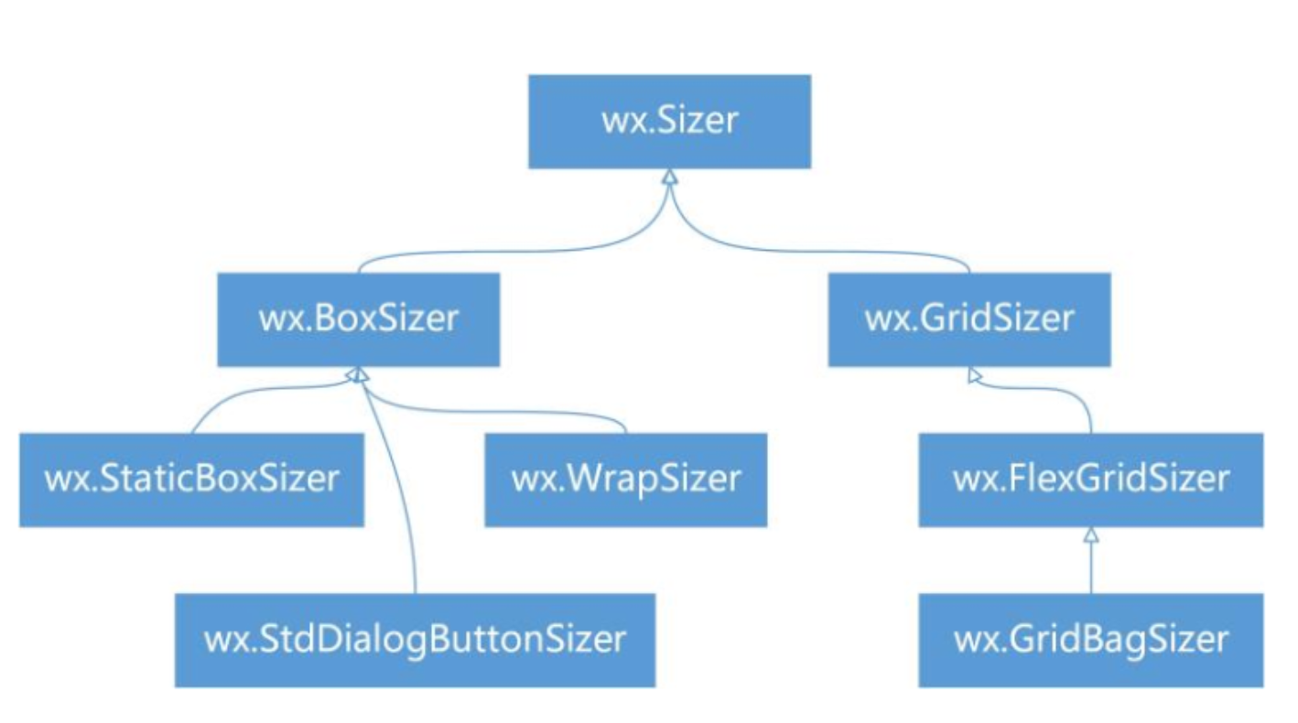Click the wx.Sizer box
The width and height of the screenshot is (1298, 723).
[x=669, y=122]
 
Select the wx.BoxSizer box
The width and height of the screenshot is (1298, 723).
[x=359, y=319]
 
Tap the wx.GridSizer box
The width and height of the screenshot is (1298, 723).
[x=969, y=319]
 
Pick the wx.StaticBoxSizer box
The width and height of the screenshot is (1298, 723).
[x=192, y=480]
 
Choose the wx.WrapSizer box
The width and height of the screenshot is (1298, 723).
[x=626, y=480]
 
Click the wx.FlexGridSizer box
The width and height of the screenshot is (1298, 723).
[x=1091, y=480]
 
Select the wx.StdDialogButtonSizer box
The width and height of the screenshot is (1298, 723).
[x=415, y=640]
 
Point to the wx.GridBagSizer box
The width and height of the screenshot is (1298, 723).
[x=1091, y=640]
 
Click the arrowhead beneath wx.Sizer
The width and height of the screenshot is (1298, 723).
[x=670, y=177]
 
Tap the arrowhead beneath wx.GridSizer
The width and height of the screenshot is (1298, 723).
[x=975, y=376]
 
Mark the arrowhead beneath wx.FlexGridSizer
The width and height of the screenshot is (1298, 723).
[x=1091, y=534]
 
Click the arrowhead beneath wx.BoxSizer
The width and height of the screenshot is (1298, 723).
[x=358, y=375]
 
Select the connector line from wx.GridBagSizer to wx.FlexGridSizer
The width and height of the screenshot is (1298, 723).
[x=1091, y=567]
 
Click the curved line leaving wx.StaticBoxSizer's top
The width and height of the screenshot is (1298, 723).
[x=255, y=393]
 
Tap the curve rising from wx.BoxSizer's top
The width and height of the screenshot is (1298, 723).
[x=522, y=253]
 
